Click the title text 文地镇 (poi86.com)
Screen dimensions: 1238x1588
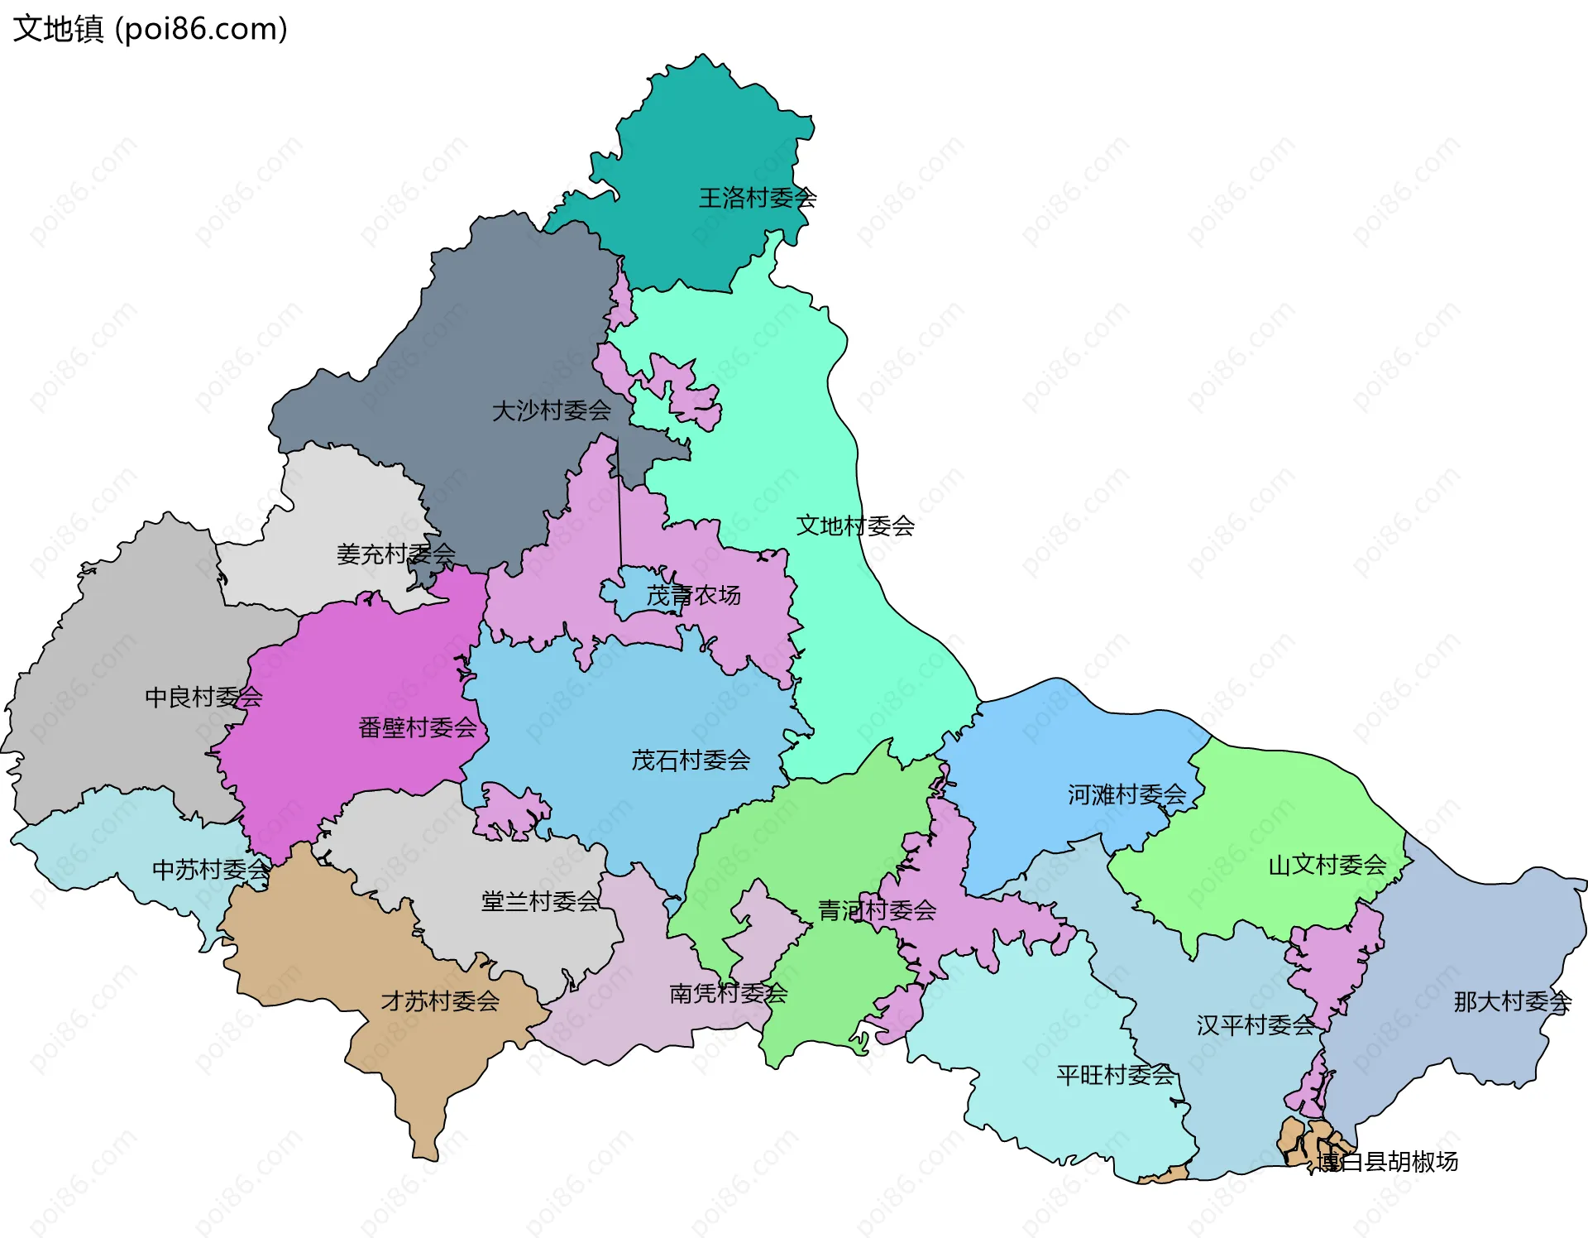(x=150, y=29)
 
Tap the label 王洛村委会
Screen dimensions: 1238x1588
(x=758, y=198)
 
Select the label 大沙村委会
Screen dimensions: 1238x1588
(x=551, y=410)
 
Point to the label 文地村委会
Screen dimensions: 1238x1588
(x=855, y=525)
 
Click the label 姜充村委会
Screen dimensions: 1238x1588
(x=395, y=554)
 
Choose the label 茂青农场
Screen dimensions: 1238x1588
(x=693, y=595)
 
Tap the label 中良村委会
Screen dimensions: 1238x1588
(x=203, y=697)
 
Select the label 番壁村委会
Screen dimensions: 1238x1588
(x=418, y=727)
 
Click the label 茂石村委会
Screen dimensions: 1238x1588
(x=691, y=760)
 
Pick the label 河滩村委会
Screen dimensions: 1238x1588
(x=1126, y=794)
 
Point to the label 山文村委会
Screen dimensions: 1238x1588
(x=1327, y=865)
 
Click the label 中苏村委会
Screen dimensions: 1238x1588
(x=211, y=869)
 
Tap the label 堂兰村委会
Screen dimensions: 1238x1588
(x=540, y=901)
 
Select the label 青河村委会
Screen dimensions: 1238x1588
(x=877, y=910)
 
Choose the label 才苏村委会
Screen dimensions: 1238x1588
(x=440, y=1001)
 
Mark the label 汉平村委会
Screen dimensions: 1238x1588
(x=1255, y=1025)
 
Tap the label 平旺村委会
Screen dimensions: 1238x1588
(x=1115, y=1075)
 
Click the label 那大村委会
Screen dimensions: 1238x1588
(x=1512, y=1001)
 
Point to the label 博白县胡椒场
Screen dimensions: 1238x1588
(x=1387, y=1161)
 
